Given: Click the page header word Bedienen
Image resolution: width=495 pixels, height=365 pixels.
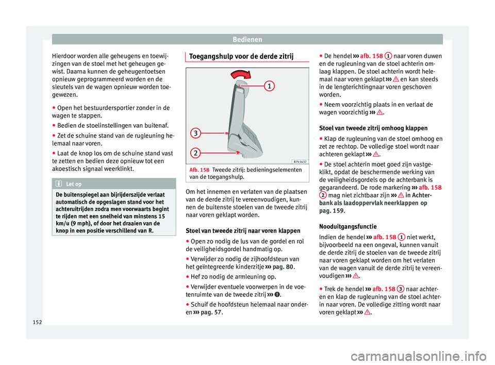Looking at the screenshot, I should tap(247, 39).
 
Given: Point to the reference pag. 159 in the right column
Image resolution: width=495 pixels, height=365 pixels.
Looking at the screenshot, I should tap(331, 210).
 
